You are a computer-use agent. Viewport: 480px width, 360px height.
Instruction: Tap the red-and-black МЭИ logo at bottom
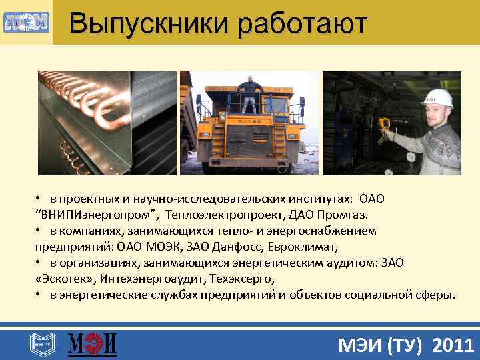(x=93, y=345)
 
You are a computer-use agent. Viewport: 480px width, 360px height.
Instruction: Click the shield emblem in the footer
(x=40, y=345)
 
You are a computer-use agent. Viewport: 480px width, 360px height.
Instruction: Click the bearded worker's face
(x=439, y=115)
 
